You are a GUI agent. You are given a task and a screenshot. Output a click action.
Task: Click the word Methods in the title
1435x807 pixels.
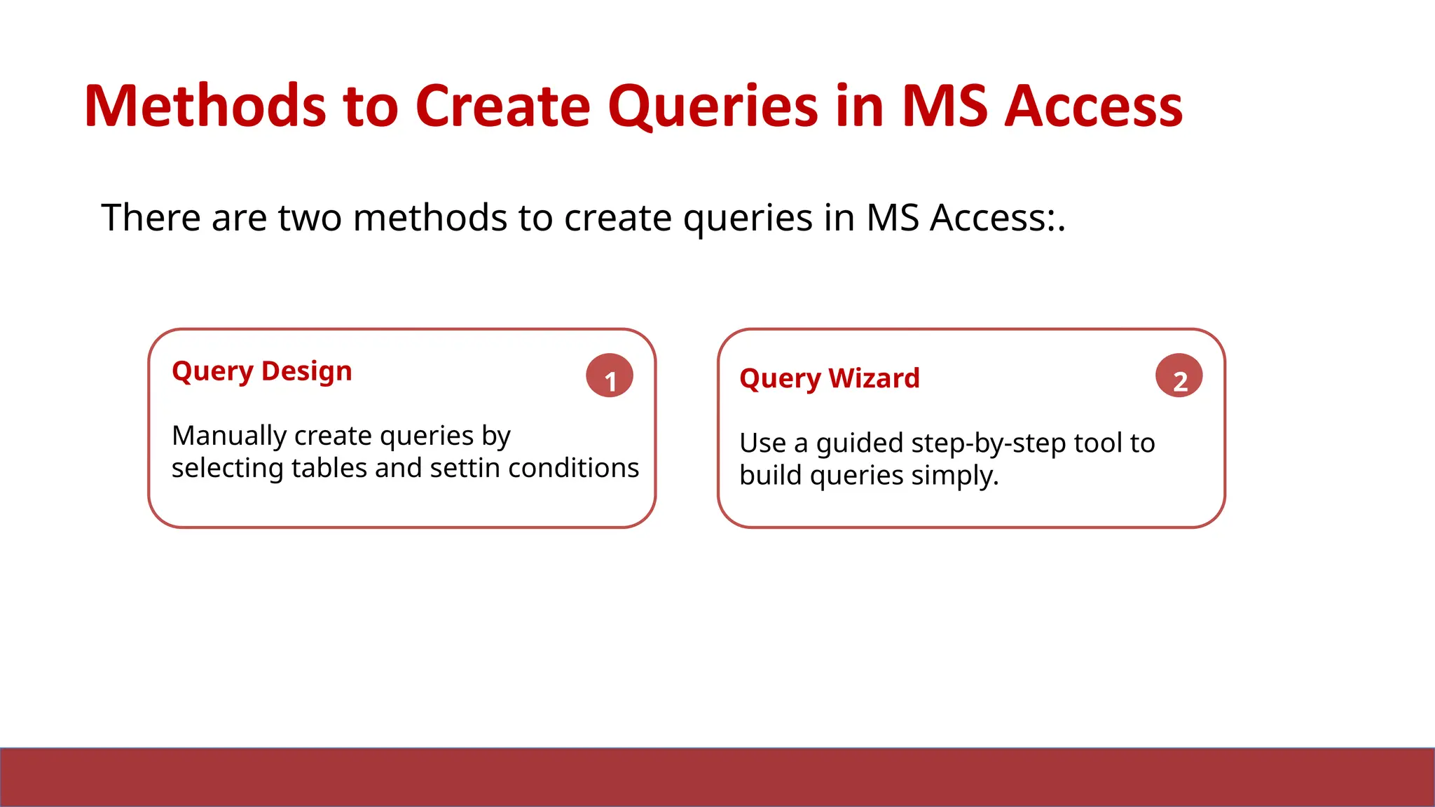pyautogui.click(x=205, y=106)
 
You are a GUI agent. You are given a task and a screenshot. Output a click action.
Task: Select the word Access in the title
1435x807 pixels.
pyautogui.click(x=1093, y=106)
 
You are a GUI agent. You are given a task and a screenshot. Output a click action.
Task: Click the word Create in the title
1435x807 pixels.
pyautogui.click(x=503, y=106)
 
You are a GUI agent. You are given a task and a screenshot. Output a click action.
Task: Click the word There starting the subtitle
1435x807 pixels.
pyautogui.click(x=151, y=218)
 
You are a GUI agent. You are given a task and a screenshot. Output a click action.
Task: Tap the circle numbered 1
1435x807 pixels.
pyautogui.click(x=610, y=376)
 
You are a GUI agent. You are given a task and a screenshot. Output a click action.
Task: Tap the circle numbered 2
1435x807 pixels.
pyautogui.click(x=1179, y=376)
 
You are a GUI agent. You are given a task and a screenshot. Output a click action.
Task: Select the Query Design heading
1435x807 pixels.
pyautogui.click(x=261, y=371)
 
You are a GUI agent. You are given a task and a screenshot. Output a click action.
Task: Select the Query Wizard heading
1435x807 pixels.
pyautogui.click(x=829, y=378)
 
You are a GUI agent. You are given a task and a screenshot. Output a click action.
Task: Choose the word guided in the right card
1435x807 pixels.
pyautogui.click(x=859, y=444)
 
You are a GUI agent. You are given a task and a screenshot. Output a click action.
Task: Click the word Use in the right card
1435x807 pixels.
pyautogui.click(x=762, y=443)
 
